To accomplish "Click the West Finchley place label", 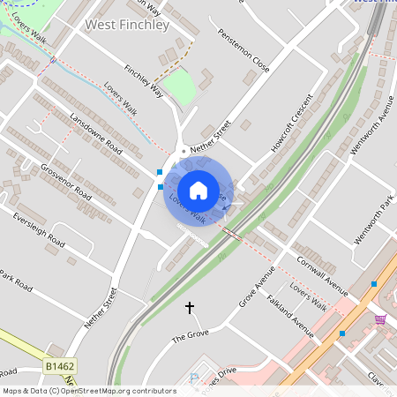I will click(x=127, y=25).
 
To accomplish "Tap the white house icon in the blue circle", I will click(x=198, y=190).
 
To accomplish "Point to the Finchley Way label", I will click(x=144, y=80).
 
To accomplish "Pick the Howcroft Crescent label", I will click(x=292, y=124).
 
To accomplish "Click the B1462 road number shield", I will click(x=58, y=363).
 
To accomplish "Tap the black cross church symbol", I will click(x=189, y=307).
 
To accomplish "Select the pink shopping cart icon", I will click(x=380, y=318).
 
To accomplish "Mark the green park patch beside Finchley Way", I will click(x=180, y=86).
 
